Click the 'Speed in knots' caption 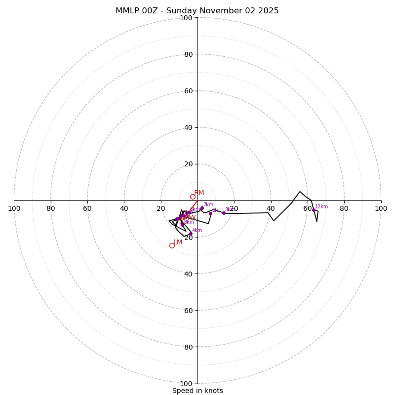pyautogui.click(x=197, y=391)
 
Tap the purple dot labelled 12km pyautogui.click(x=314, y=210)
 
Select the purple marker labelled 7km pyautogui.click(x=202, y=208)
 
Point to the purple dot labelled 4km pyautogui.click(x=191, y=234)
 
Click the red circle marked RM pyautogui.click(x=193, y=197)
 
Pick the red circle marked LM pyautogui.click(x=172, y=245)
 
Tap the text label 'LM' pyautogui.click(x=178, y=242)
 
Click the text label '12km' pyautogui.click(x=321, y=207)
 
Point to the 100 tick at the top pyautogui.click(x=186, y=18)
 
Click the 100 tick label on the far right pyautogui.click(x=381, y=208)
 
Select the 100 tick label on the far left pyautogui.click(x=14, y=208)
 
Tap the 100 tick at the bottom pyautogui.click(x=186, y=384)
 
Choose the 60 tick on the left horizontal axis pyautogui.click(x=87, y=208)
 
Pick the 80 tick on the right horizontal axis pyautogui.click(x=344, y=208)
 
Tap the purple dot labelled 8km pyautogui.click(x=224, y=213)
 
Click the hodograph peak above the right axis pyautogui.click(x=300, y=192)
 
